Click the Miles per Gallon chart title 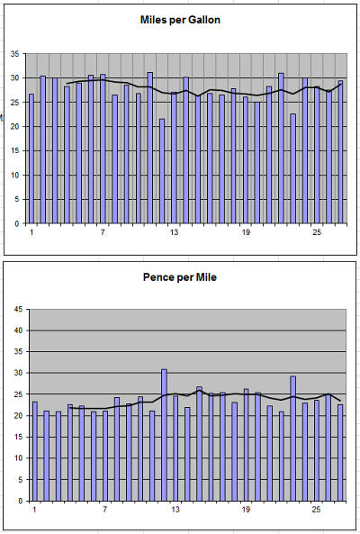(x=180, y=20)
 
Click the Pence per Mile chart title (x=180, y=277)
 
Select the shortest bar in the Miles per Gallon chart (x=162, y=171)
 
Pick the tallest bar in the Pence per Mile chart (x=164, y=435)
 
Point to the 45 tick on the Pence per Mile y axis (x=19, y=309)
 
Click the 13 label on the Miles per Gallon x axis (x=174, y=232)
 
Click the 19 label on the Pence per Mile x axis (x=246, y=510)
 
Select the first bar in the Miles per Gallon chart (x=31, y=158)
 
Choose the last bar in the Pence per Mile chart (x=340, y=453)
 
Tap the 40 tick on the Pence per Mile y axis (x=19, y=330)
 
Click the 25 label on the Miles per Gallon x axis (x=317, y=232)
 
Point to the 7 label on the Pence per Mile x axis (x=104, y=510)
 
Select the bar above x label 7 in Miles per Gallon (x=103, y=149)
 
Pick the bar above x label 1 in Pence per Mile (x=35, y=451)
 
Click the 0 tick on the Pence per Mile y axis (x=21, y=501)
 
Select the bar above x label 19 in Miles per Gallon (x=246, y=160)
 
